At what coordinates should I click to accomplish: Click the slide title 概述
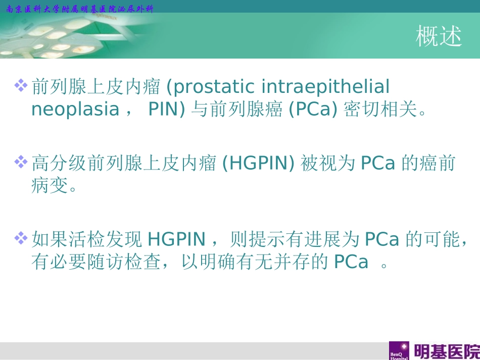point(439,36)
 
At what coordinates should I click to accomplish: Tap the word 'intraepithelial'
point(326,87)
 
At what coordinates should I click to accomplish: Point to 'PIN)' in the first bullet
point(167,109)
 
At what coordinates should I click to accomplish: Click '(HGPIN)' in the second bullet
point(259,163)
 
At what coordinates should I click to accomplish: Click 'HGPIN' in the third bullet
point(177,239)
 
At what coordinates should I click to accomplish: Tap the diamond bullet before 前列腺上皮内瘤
point(21,85)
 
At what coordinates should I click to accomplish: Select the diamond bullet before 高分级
point(21,162)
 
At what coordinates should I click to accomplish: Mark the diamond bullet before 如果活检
point(21,237)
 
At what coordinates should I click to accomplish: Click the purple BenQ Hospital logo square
point(399,351)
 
